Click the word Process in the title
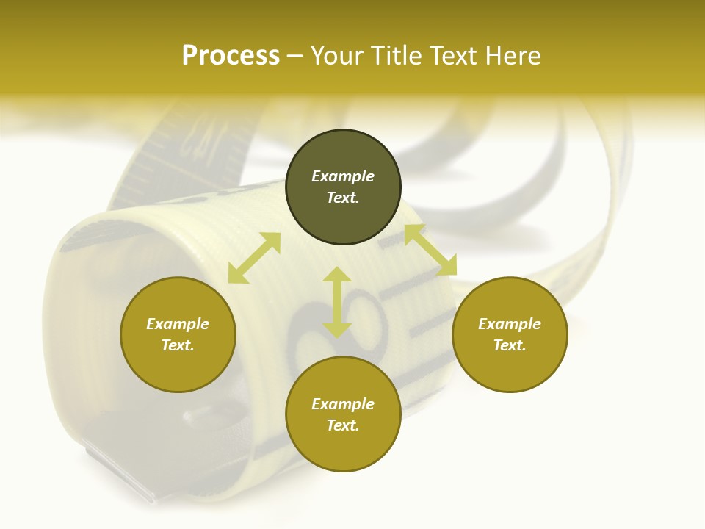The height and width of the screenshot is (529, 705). coord(231,56)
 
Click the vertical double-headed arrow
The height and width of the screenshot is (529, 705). coord(337,302)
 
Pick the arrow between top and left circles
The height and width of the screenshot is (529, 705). coord(254,258)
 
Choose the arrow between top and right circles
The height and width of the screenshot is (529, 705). coord(430,251)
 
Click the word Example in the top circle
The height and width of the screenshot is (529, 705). coord(343,176)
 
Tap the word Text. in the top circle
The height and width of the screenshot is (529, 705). coord(343,198)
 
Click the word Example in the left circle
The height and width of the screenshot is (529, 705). coord(178,324)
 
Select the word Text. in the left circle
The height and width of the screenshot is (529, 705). coord(178,345)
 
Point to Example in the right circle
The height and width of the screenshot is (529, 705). coord(510,324)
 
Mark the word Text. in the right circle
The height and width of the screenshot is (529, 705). coord(510,345)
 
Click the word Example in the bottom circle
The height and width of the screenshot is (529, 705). coord(343,404)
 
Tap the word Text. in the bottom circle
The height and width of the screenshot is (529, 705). coord(343,425)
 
